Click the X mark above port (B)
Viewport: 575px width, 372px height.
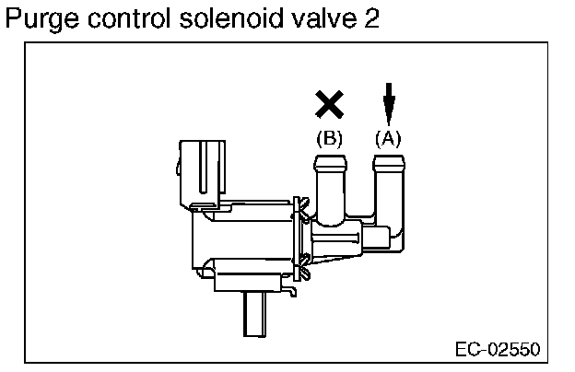(329, 104)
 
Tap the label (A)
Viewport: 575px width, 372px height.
(389, 139)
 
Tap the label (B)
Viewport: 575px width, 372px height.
(329, 139)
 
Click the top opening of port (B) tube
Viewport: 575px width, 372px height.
(331, 160)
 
